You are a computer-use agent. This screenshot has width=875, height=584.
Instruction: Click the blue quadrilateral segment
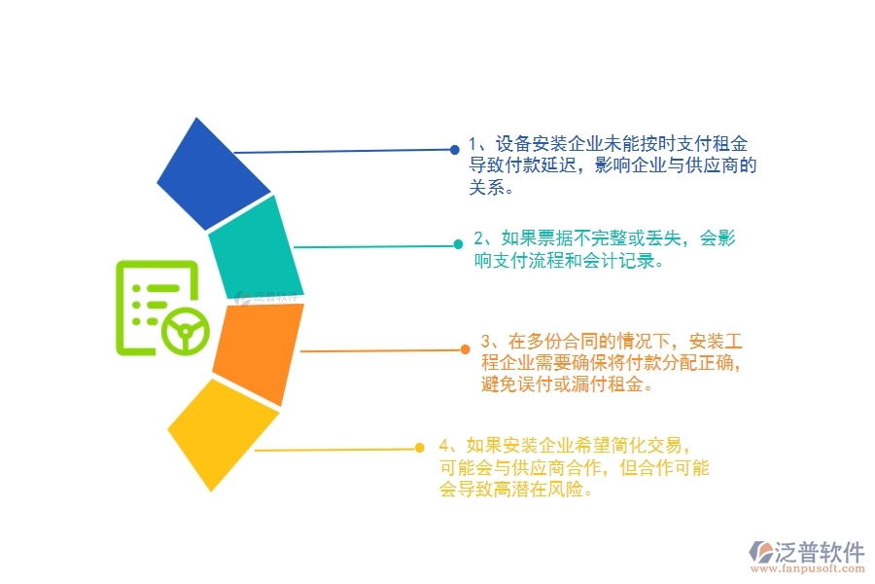(x=213, y=176)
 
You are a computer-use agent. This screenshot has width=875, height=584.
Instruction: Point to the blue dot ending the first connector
(x=454, y=150)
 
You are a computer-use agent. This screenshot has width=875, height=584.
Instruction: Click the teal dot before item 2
(x=458, y=245)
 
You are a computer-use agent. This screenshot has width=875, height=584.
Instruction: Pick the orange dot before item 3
(x=466, y=348)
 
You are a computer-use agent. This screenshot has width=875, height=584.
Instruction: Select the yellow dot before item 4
(x=419, y=448)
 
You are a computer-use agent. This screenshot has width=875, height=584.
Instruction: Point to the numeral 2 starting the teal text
(x=479, y=238)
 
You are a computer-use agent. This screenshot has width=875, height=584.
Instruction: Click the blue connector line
(x=340, y=152)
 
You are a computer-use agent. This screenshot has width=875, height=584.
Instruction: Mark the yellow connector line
(x=331, y=450)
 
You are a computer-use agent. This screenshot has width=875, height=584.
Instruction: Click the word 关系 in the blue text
(x=487, y=189)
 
